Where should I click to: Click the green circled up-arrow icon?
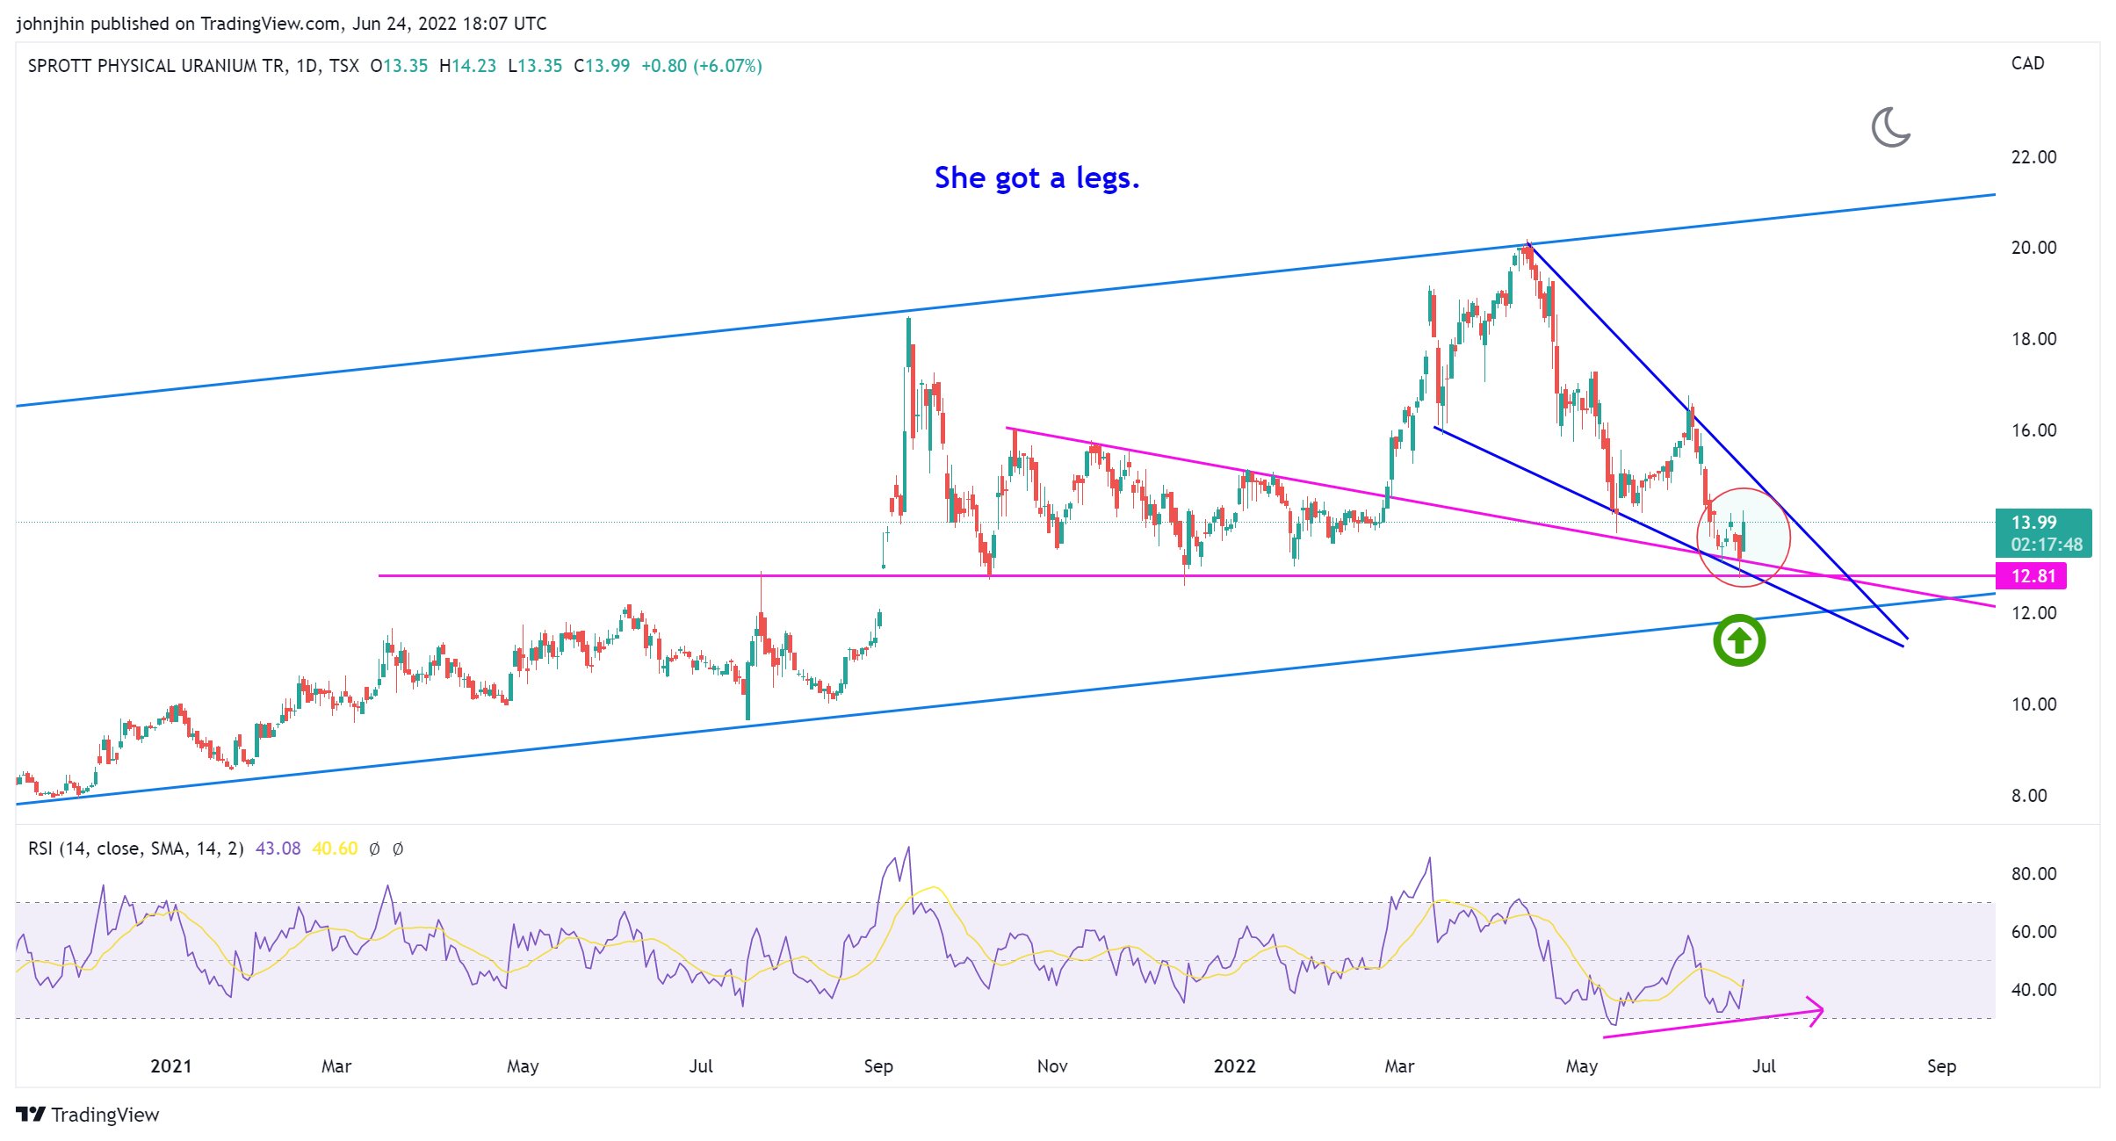tap(1738, 640)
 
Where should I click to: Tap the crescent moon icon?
tap(1891, 127)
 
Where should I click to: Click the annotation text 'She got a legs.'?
tap(1036, 178)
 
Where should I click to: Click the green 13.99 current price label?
tap(2034, 523)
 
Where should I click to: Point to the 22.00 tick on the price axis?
tap(2033, 157)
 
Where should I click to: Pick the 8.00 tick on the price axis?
tap(2028, 796)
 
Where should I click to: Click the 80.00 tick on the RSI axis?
tap(2033, 874)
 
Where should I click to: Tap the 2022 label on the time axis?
tap(1234, 1066)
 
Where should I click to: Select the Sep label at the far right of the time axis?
tap(1941, 1066)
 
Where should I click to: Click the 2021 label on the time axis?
tap(170, 1066)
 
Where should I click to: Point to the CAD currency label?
tap(2027, 63)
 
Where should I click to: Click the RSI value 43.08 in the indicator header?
tap(278, 849)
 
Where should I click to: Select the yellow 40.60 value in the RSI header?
tap(335, 849)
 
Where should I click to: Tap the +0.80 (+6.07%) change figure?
tap(701, 66)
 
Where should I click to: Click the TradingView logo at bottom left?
tap(88, 1115)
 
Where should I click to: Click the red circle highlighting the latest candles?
tap(1743, 537)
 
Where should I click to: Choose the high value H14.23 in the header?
tap(467, 66)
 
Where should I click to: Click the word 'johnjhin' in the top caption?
tap(49, 24)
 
